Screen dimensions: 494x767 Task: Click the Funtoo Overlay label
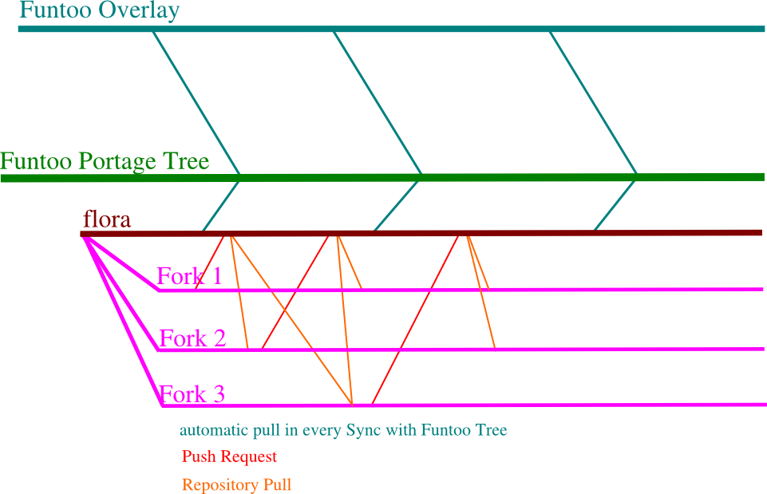tap(99, 11)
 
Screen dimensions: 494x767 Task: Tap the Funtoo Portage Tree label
tap(105, 162)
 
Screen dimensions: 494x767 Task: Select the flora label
tap(107, 219)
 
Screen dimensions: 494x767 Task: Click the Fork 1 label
tap(189, 276)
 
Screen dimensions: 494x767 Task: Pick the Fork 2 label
tap(192, 338)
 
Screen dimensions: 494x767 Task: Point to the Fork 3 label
tap(192, 394)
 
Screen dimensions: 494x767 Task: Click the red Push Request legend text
tap(229, 457)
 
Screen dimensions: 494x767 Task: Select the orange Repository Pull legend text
tap(236, 484)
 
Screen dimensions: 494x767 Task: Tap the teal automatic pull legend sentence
tap(343, 431)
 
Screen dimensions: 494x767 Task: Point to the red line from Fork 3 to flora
tap(415, 319)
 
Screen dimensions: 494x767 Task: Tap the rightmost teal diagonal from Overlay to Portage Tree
tap(593, 101)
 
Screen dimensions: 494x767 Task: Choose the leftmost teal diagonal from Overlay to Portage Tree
tap(196, 101)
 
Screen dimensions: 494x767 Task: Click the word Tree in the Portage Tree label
tap(186, 162)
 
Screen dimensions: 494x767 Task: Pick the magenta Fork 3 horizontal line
tap(559, 405)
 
